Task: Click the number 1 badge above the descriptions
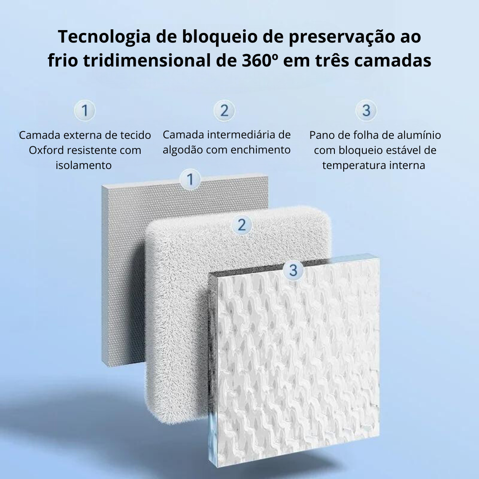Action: pyautogui.click(x=85, y=110)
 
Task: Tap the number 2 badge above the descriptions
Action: pyautogui.click(x=224, y=110)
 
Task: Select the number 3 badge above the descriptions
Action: pyautogui.click(x=366, y=110)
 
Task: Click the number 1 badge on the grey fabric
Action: pyautogui.click(x=190, y=180)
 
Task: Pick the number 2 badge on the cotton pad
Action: pyautogui.click(x=241, y=225)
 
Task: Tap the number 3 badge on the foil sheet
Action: pyautogui.click(x=293, y=270)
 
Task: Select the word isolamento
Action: pyautogui.click(x=84, y=165)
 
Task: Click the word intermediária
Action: pyautogui.click(x=242, y=135)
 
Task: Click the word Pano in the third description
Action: pyautogui.click(x=320, y=135)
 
